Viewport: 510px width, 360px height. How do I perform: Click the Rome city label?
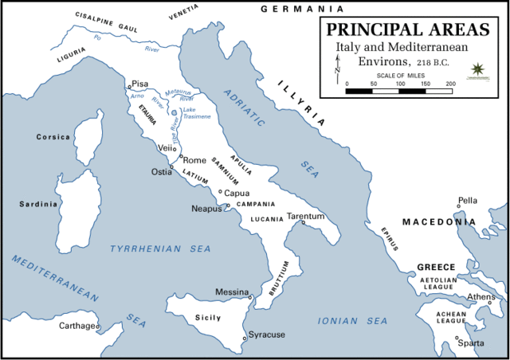coord(195,160)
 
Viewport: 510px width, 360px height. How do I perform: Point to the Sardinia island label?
coord(39,204)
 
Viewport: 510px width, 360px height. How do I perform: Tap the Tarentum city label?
coord(306,216)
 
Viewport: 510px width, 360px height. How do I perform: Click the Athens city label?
coord(481,297)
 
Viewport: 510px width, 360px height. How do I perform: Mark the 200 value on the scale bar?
coord(450,83)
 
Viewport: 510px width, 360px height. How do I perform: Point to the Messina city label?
coord(232,292)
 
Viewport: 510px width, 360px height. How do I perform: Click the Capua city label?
coord(238,193)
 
